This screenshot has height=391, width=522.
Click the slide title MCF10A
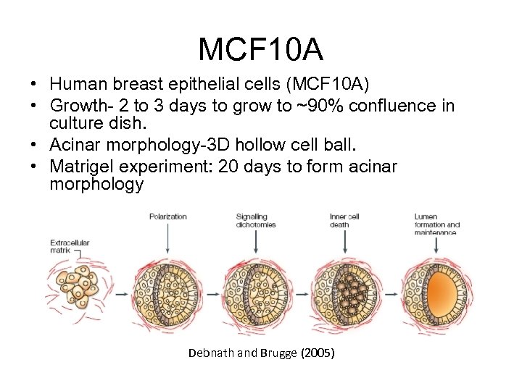click(x=261, y=49)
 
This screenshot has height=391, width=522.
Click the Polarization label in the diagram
click(x=168, y=216)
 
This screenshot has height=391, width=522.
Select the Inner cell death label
click(x=344, y=220)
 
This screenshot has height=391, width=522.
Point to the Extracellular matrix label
click(x=70, y=246)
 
